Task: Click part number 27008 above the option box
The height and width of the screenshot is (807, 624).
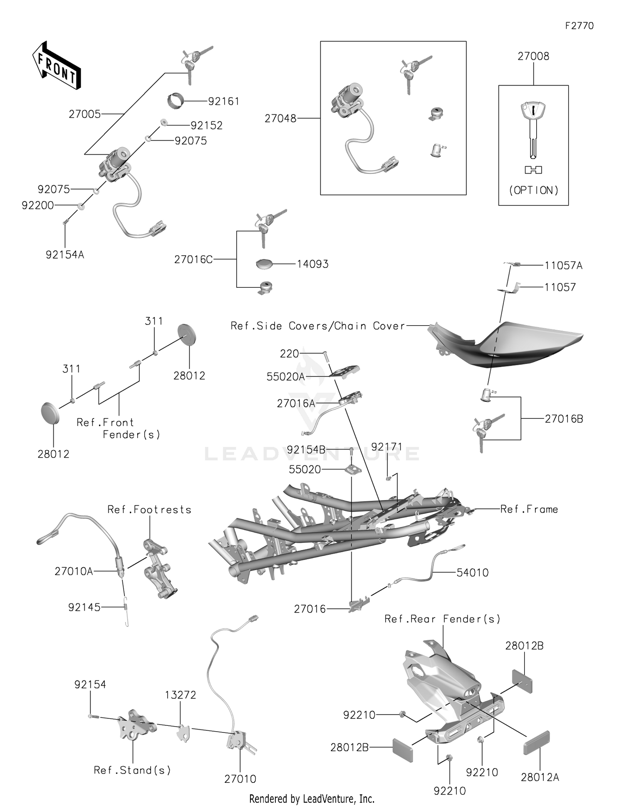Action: pyautogui.click(x=533, y=56)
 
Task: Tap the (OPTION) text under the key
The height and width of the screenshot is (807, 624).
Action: pyautogui.click(x=534, y=190)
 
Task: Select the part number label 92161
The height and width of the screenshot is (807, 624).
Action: pyautogui.click(x=223, y=101)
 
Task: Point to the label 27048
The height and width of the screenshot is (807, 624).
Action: pyautogui.click(x=280, y=119)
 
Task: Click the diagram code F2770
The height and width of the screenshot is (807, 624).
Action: pyautogui.click(x=579, y=26)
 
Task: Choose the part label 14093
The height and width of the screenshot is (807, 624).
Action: pyautogui.click(x=312, y=264)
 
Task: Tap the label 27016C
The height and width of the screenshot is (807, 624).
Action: pyautogui.click(x=193, y=259)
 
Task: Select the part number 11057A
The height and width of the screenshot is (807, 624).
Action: pyautogui.click(x=563, y=266)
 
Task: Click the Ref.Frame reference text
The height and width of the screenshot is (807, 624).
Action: pyautogui.click(x=529, y=509)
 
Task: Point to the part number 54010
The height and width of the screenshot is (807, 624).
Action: pyautogui.click(x=472, y=573)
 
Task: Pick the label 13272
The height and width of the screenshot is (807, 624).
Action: pyautogui.click(x=180, y=695)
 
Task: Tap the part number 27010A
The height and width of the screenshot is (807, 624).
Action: pyautogui.click(x=74, y=571)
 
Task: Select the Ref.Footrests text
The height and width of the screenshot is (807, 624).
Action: pyautogui.click(x=149, y=510)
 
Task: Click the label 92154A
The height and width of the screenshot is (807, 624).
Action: pyautogui.click(x=65, y=255)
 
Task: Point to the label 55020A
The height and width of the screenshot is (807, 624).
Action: pyautogui.click(x=285, y=377)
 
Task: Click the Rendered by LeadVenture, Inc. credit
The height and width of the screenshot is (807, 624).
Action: pyautogui.click(x=312, y=799)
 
